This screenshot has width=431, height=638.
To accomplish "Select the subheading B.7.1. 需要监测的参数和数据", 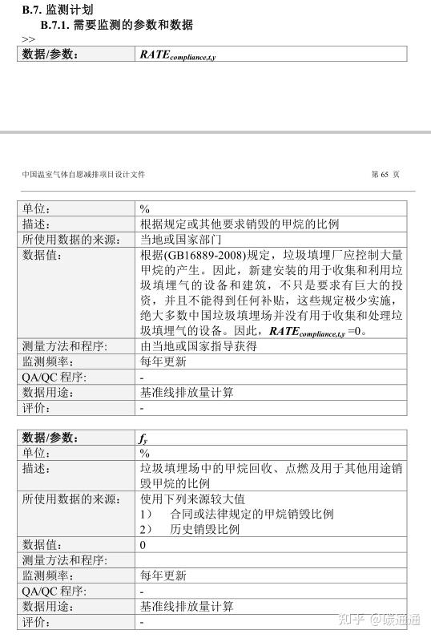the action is [x=116, y=25].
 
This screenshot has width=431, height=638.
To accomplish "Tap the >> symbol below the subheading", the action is [x=28, y=38].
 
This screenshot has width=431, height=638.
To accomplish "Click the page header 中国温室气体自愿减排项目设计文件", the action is [x=83, y=175].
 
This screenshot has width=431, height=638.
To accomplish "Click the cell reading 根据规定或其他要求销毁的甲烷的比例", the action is [x=240, y=224].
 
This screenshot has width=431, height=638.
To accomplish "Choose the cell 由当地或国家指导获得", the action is [x=198, y=346].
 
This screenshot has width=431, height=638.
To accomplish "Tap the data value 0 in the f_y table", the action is [x=143, y=545].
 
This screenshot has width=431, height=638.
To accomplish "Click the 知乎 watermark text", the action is [x=355, y=620].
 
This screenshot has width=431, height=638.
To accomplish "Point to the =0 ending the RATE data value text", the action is [x=358, y=331].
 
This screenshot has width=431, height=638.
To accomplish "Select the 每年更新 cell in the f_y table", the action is [x=163, y=575].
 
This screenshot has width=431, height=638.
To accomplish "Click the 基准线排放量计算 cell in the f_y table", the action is [x=187, y=607].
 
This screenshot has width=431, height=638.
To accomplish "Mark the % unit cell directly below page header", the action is [x=145, y=209].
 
